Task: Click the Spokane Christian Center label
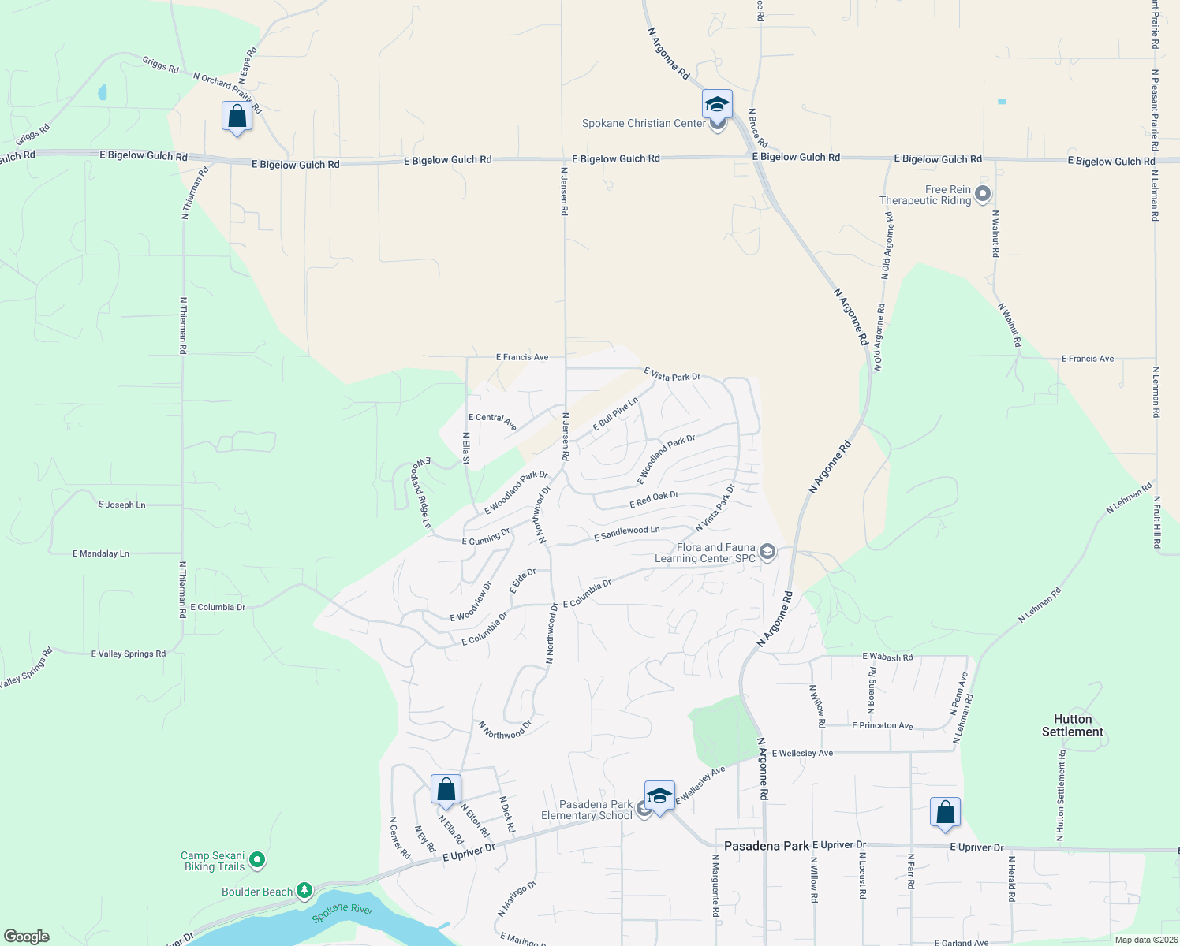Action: click(644, 123)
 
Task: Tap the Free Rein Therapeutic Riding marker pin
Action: click(982, 193)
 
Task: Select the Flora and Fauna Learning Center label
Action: click(705, 553)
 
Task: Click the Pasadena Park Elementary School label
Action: click(587, 810)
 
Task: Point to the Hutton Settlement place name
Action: click(1072, 725)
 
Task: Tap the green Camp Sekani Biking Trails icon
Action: click(257, 861)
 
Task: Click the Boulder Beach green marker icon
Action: click(304, 891)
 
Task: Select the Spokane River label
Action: click(342, 913)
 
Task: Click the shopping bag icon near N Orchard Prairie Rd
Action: click(237, 117)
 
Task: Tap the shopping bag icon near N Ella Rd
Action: click(446, 789)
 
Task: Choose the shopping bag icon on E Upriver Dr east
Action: click(945, 813)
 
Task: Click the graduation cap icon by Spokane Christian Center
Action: click(717, 104)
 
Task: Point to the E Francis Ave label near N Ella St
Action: click(522, 357)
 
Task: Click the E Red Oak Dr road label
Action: click(654, 500)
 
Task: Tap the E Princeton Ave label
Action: click(882, 725)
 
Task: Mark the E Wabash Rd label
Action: click(887, 657)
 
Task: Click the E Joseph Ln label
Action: click(121, 505)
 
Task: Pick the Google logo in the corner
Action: click(27, 937)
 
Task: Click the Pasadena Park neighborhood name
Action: click(766, 846)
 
